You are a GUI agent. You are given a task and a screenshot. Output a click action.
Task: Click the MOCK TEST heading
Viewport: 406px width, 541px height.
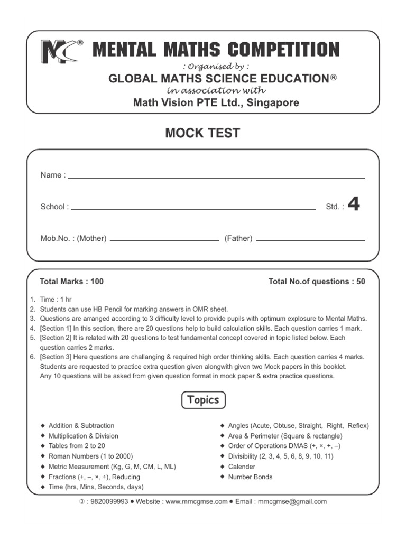pos(202,133)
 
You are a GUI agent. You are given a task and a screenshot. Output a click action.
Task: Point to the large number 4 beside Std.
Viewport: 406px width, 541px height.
pos(354,204)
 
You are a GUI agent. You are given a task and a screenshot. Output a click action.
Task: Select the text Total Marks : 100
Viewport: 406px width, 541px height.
pos(71,282)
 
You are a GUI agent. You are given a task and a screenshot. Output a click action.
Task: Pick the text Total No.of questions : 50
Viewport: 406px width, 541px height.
pos(317,282)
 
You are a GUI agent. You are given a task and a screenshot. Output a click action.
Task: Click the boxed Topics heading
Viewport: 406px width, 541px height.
pos(203,400)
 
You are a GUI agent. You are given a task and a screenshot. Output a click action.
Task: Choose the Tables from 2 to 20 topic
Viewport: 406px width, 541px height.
pos(77,446)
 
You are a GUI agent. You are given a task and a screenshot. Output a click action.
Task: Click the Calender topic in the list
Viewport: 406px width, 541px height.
pos(241,467)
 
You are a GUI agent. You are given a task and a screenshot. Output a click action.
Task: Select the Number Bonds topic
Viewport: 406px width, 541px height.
pos(250,477)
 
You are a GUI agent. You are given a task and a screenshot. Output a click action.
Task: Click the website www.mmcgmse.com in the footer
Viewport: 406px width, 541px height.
pos(196,502)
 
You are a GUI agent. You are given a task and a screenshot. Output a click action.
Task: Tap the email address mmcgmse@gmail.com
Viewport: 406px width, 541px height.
pos(292,502)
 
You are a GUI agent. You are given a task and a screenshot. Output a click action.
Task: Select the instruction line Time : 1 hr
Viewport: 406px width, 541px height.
pos(55,300)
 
